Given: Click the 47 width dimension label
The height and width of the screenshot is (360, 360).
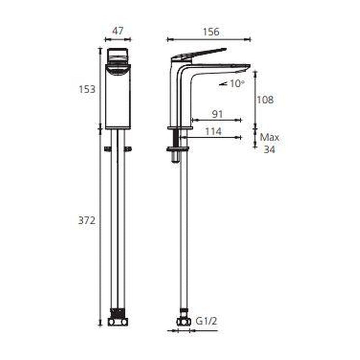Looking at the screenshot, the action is pyautogui.click(x=118, y=31).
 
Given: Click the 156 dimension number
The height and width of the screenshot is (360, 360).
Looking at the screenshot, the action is pyautogui.click(x=211, y=32).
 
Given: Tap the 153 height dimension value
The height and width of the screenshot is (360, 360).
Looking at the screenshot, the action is pyautogui.click(x=87, y=89).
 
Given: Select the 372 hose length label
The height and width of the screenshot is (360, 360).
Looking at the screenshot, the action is pyautogui.click(x=87, y=221).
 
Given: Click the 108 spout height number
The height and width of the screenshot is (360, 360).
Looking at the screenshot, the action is pyautogui.click(x=265, y=100).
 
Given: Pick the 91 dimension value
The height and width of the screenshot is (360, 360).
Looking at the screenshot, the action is pyautogui.click(x=217, y=114).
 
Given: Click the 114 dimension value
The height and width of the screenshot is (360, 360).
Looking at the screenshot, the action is pyautogui.click(x=213, y=132).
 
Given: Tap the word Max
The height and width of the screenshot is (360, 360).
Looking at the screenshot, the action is pyautogui.click(x=269, y=137).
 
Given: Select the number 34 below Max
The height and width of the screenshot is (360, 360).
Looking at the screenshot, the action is pyautogui.click(x=269, y=150).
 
